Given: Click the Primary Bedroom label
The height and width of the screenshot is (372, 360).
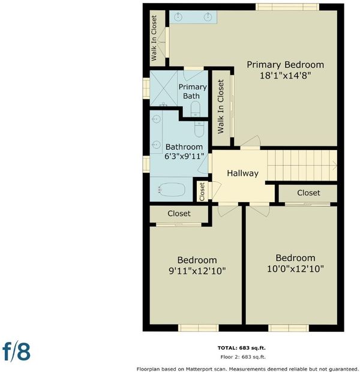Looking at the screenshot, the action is [285, 65].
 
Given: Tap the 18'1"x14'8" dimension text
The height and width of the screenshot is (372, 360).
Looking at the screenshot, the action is [285, 76].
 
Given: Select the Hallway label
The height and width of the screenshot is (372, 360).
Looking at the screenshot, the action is [242, 173].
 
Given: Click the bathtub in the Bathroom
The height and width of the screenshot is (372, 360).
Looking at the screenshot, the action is [172, 190].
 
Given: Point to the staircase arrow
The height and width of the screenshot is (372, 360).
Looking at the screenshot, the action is [335, 166].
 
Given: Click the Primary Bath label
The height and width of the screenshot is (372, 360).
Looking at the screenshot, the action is [192, 91].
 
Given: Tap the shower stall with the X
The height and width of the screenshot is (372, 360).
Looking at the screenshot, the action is [164, 88].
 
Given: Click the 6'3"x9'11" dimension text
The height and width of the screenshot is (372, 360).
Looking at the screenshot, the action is [184, 157].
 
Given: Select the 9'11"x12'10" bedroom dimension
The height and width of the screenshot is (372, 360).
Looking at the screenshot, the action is [197, 271].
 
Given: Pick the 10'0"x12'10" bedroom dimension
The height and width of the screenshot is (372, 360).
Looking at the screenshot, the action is [295, 269].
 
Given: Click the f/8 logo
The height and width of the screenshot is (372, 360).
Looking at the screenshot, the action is [16, 352].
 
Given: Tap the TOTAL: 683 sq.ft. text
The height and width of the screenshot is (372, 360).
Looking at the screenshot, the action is [242, 348].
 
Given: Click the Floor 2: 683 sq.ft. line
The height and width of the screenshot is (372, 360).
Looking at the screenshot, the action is [243, 357].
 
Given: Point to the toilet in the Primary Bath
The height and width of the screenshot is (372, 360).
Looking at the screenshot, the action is [196, 109].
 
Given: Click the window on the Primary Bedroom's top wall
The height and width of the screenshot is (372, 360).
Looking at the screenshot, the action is [287, 7].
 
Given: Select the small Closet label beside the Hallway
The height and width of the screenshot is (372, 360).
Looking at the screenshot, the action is [202, 191].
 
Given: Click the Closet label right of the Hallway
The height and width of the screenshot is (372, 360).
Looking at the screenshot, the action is [308, 193].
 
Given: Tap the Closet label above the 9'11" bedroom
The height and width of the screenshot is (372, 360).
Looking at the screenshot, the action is [179, 214].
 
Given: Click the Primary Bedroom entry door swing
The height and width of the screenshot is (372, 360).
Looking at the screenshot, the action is [250, 141].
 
